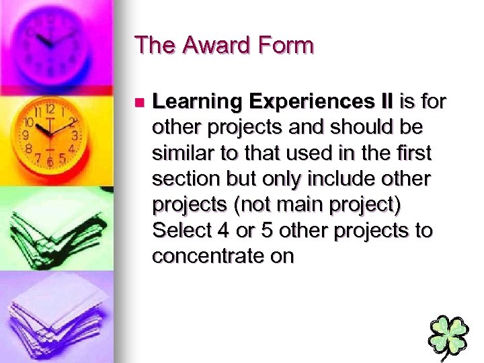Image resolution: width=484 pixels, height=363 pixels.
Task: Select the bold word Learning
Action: (196, 102)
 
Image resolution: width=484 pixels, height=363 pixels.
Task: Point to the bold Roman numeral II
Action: (385, 102)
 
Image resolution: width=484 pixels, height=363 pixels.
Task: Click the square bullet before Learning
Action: (139, 103)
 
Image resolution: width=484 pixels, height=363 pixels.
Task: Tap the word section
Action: (183, 179)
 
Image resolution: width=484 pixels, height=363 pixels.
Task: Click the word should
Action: (360, 128)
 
